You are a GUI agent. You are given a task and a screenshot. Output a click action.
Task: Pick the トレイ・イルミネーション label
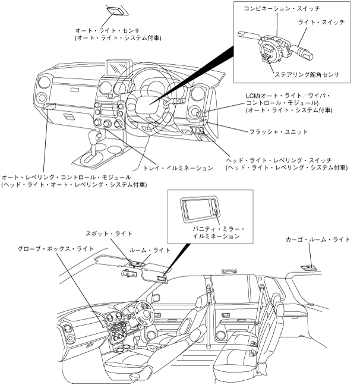(x=178, y=168)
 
